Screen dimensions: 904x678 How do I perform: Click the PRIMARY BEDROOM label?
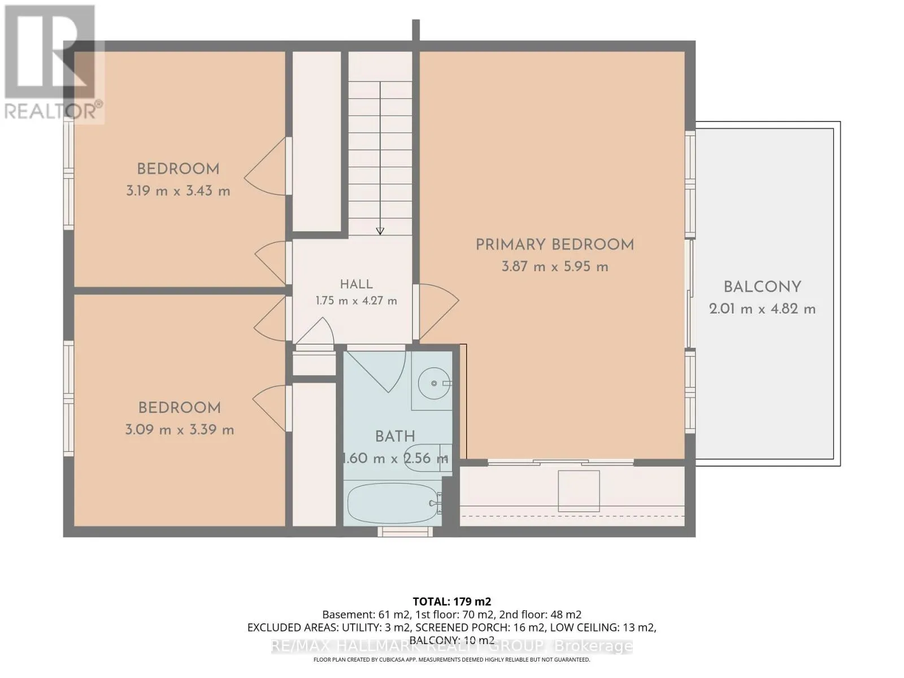[x=554, y=245]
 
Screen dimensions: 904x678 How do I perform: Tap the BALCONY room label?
[x=762, y=287]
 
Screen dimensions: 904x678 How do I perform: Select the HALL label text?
[x=357, y=284]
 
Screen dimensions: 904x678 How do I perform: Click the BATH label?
[x=394, y=436]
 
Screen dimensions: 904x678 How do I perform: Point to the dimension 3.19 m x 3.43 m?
[x=178, y=191]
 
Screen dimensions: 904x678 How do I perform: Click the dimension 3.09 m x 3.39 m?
[x=179, y=430]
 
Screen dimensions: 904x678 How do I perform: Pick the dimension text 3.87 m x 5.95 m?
[x=555, y=267]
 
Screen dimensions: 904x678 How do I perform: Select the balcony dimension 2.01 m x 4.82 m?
[x=762, y=308]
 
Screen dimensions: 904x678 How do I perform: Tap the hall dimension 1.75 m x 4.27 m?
[x=357, y=301]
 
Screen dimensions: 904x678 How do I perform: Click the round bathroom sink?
[x=434, y=383]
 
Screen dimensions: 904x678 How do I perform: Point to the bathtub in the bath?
[x=393, y=503]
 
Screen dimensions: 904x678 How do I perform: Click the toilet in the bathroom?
[x=428, y=458]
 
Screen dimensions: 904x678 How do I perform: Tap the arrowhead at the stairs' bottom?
[x=380, y=231]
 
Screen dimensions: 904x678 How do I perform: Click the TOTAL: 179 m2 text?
[x=452, y=601]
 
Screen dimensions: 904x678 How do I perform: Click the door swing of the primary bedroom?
[x=438, y=312]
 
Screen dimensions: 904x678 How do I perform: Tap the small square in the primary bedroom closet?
[x=578, y=490]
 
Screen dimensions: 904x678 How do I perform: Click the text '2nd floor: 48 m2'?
[x=540, y=615]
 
